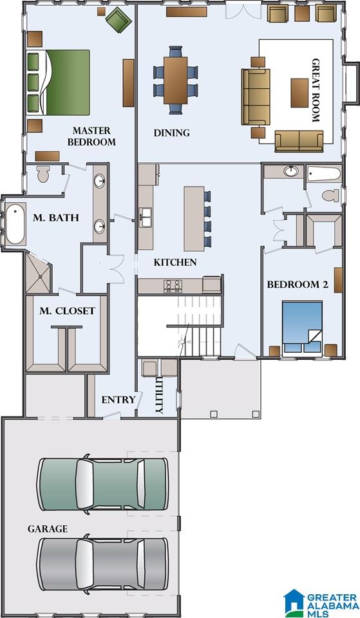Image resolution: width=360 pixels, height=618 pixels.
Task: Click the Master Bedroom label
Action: click(x=91, y=136)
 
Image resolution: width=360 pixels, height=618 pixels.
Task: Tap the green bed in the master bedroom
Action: click(x=59, y=82)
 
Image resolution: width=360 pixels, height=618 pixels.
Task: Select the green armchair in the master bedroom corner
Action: click(x=117, y=18)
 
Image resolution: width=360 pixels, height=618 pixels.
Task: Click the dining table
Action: click(x=175, y=80)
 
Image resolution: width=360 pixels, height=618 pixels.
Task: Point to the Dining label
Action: click(x=171, y=133)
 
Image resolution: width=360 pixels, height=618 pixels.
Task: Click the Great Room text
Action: click(x=316, y=90)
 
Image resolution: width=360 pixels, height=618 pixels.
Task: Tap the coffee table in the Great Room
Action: click(x=299, y=93)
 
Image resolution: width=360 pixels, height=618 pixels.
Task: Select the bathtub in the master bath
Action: click(x=15, y=223)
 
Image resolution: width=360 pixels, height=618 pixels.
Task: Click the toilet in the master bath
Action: click(x=43, y=174)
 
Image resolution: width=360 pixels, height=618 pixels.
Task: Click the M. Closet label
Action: click(x=67, y=311)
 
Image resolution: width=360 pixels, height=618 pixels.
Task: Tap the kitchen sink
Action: click(x=146, y=217)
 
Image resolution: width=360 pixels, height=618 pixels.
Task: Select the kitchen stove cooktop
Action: click(x=173, y=285)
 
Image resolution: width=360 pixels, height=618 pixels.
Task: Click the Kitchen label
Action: click(x=175, y=262)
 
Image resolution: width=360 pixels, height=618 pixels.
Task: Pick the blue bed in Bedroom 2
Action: click(x=303, y=327)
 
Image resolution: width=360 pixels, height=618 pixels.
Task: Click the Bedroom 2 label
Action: click(x=298, y=285)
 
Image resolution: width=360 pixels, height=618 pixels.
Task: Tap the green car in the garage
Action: click(x=102, y=484)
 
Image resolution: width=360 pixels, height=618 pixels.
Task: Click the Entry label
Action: click(x=118, y=400)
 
